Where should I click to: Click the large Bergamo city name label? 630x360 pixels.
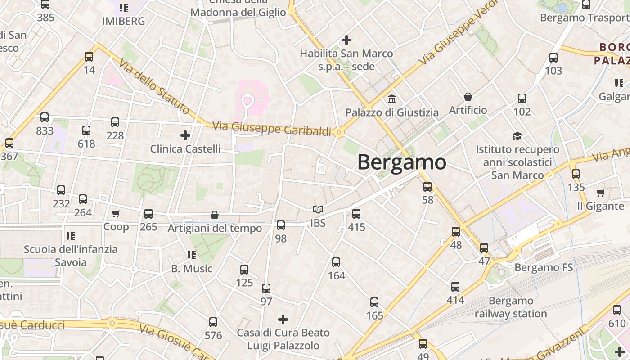(x=401, y=162)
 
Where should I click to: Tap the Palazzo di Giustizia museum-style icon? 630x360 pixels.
(x=392, y=99)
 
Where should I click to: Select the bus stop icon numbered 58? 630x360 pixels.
(x=427, y=186)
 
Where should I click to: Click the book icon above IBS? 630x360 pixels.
(x=318, y=210)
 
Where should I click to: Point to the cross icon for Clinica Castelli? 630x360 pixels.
(x=185, y=135)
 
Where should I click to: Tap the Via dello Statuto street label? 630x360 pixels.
(x=155, y=85)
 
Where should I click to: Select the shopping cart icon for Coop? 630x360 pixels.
(x=116, y=213)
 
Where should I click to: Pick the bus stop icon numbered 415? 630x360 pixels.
(x=356, y=214)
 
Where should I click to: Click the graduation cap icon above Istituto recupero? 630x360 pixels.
(x=517, y=136)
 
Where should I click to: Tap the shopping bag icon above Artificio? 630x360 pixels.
(x=468, y=97)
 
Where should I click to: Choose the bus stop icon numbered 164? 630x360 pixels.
(x=336, y=262)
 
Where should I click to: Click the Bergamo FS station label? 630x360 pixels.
(x=544, y=268)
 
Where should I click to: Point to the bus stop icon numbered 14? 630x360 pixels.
(x=89, y=57)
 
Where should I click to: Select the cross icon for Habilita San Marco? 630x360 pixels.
(x=346, y=40)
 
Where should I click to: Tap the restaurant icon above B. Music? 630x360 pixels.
(x=192, y=255)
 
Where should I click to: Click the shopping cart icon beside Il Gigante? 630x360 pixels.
(x=600, y=193)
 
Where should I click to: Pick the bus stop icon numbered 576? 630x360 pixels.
(x=213, y=322)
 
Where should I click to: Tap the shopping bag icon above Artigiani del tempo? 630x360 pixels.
(x=215, y=216)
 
